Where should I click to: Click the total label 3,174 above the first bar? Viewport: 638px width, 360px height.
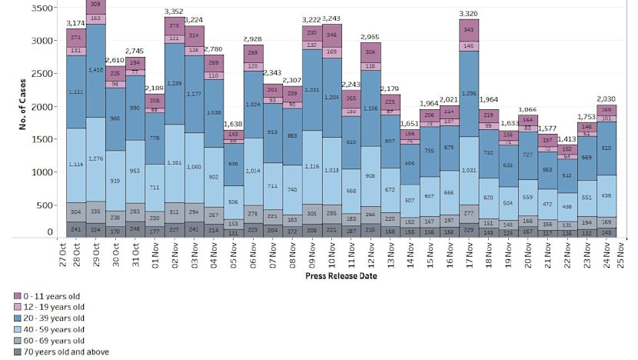[76, 23]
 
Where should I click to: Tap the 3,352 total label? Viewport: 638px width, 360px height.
[174, 12]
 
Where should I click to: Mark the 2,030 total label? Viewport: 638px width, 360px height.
[606, 98]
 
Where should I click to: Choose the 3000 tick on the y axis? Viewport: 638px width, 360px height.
[44, 41]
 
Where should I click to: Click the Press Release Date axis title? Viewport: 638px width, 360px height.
[341, 275]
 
